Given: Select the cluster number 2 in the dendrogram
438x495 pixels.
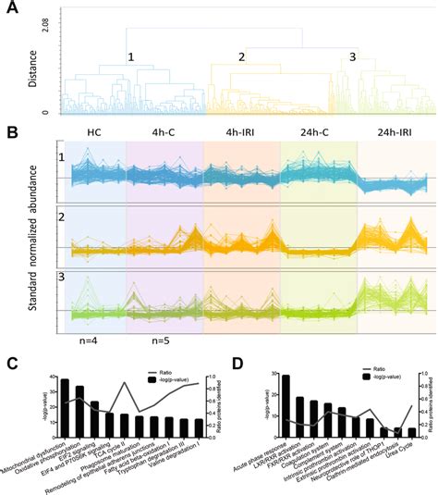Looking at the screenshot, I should [x=242, y=57].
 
